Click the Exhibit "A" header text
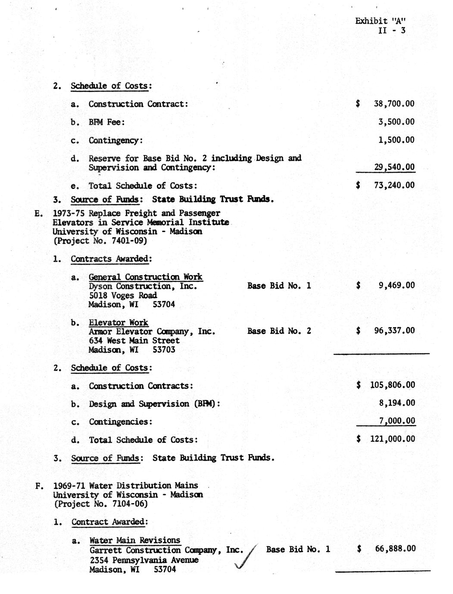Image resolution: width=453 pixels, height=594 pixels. (381, 21)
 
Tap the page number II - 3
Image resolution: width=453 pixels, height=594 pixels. (391, 30)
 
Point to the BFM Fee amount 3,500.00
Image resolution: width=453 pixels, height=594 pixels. (396, 122)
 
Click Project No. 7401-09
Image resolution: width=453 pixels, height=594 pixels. (100, 241)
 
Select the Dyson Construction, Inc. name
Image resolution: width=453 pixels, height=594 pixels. (143, 286)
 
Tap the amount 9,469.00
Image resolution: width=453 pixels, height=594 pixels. (396, 285)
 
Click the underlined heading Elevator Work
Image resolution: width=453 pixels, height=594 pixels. (119, 322)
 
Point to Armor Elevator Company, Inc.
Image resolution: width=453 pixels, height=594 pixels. (152, 331)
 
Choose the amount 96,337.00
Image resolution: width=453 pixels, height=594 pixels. (394, 331)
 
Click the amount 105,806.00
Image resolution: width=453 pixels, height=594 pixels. (393, 385)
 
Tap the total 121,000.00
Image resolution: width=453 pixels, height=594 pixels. (393, 439)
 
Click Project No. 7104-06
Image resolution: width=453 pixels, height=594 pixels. (100, 504)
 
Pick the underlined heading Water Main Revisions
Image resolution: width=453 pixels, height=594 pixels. (135, 540)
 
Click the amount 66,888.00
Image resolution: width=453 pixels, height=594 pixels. (395, 548)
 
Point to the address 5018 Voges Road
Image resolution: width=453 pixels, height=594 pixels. (123, 296)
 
